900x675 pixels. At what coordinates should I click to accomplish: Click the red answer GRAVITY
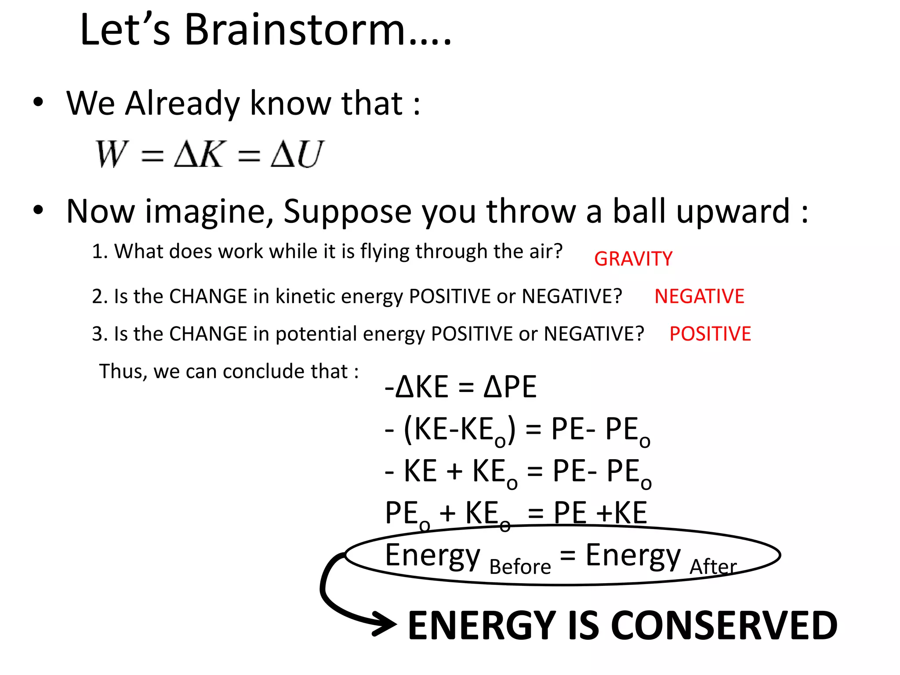click(x=633, y=259)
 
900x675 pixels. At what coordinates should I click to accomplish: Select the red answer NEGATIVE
click(x=699, y=296)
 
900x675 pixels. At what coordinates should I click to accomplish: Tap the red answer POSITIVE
click(x=710, y=334)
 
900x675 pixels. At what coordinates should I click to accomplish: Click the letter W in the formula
click(x=112, y=154)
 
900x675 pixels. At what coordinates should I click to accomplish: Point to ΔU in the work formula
click(x=297, y=154)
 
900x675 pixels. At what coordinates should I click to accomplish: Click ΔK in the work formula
click(x=200, y=154)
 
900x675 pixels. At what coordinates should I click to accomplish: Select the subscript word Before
click(x=520, y=566)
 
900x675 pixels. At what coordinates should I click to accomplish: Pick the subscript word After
click(x=713, y=566)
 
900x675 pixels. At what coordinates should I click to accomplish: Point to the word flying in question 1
click(x=385, y=252)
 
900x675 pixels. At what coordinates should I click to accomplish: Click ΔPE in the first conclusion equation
click(x=510, y=387)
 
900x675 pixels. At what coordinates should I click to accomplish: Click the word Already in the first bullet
click(x=183, y=104)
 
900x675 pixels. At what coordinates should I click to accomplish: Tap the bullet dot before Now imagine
click(x=39, y=210)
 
